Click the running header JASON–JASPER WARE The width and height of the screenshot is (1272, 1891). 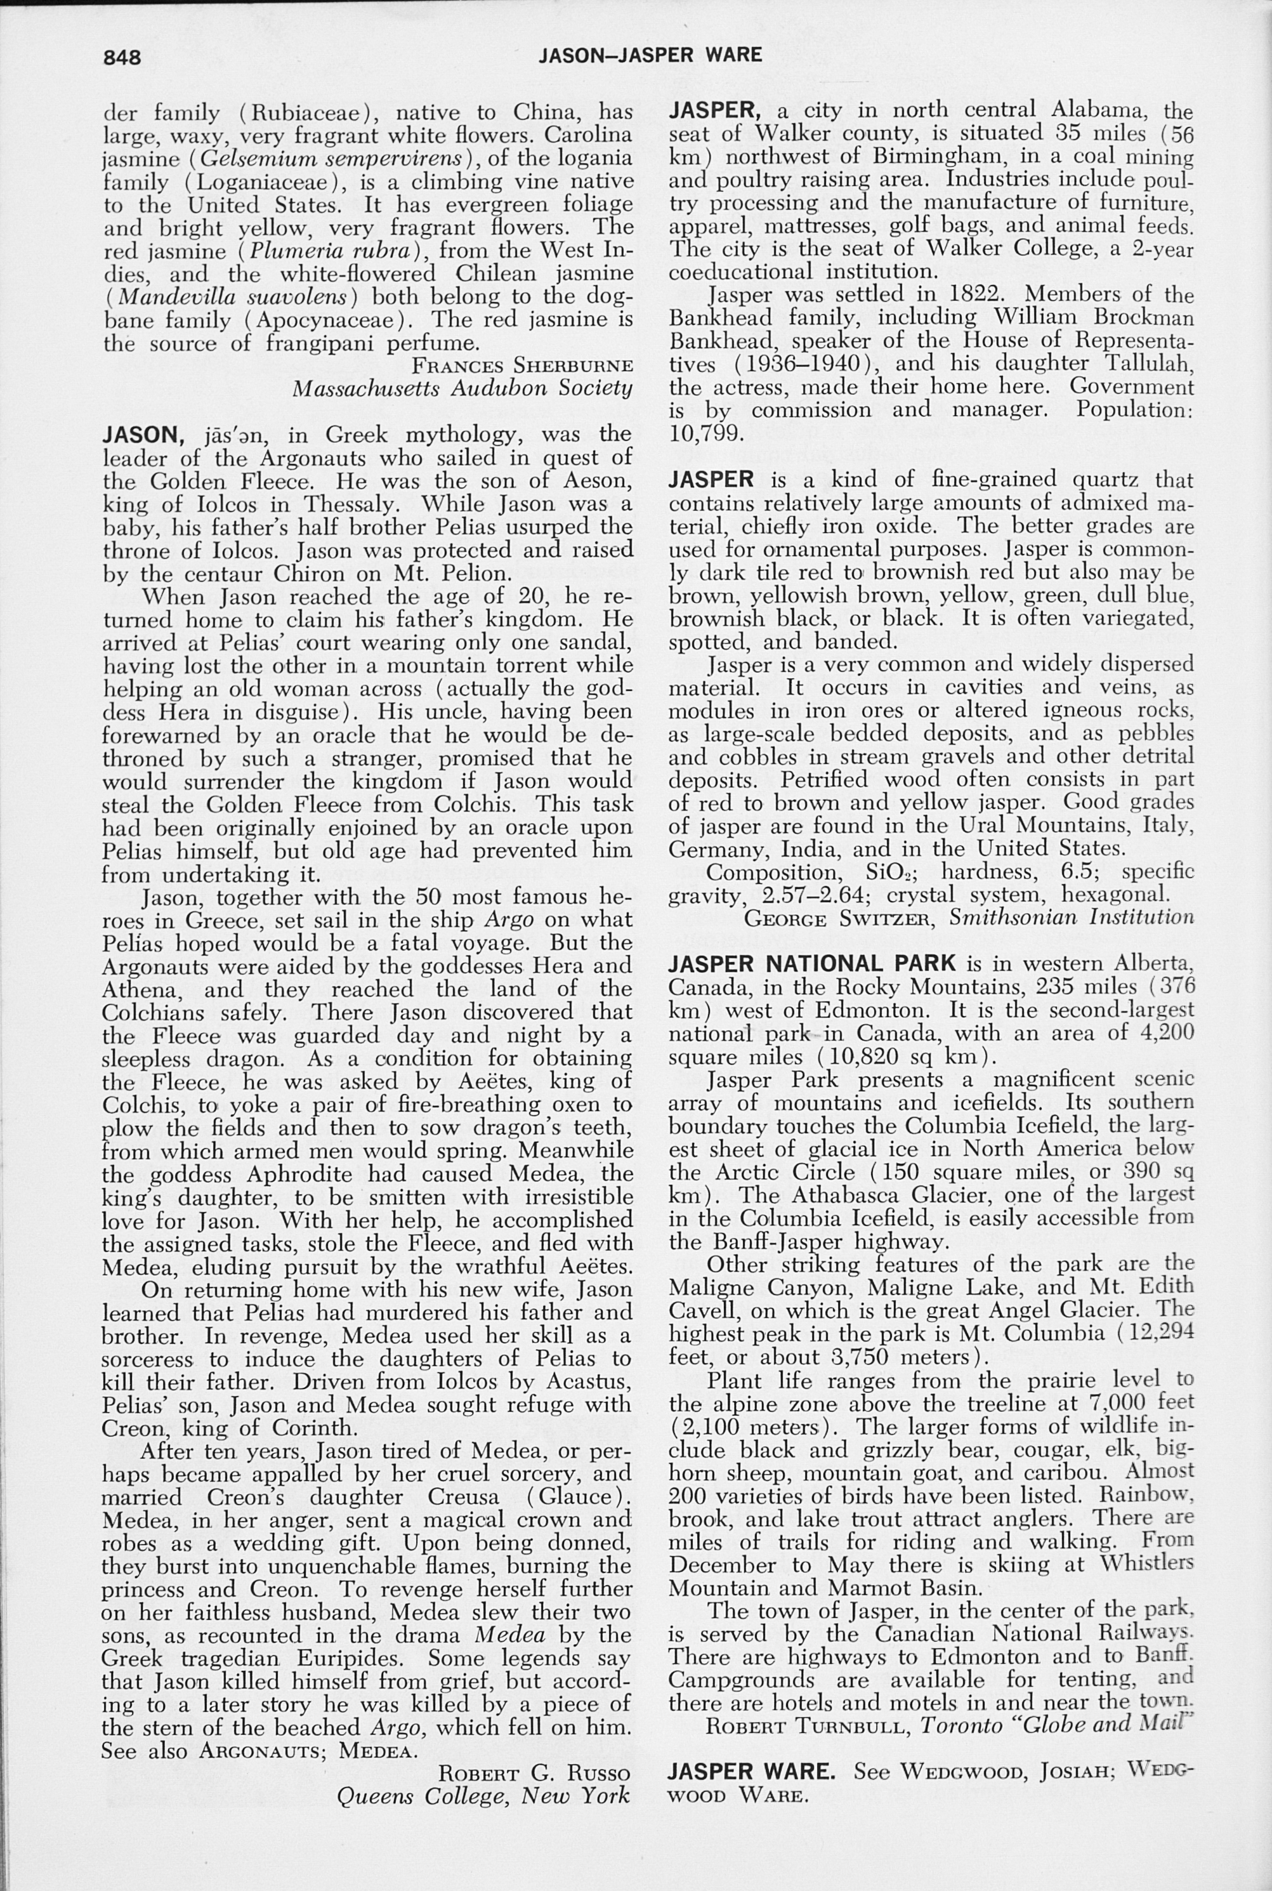(651, 55)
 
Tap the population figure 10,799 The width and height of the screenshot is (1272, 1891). (705, 432)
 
